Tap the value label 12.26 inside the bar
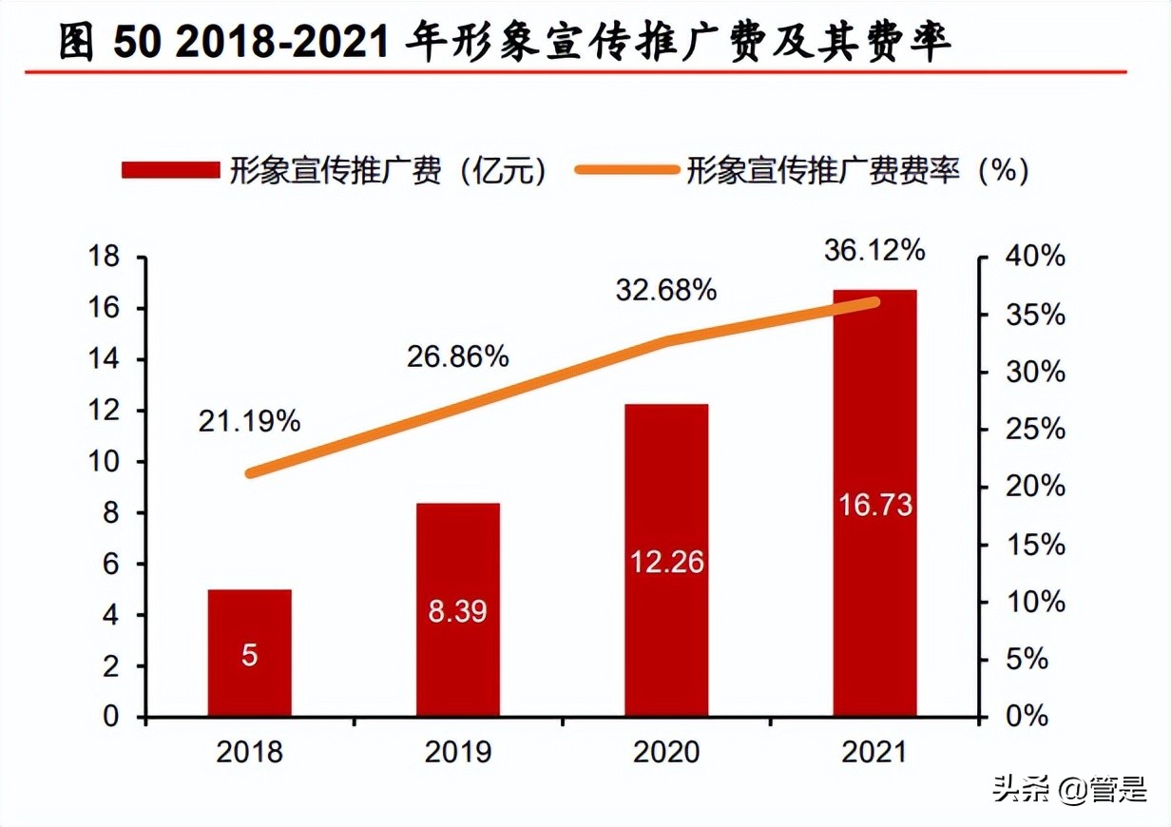pos(666,562)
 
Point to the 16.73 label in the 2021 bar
pos(874,504)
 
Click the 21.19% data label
pos(249,421)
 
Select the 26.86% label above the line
pos(457,356)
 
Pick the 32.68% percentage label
pos(665,291)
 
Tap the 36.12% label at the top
pos(873,250)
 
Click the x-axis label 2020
pos(666,753)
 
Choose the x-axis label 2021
pos(874,753)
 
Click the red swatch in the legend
pos(170,170)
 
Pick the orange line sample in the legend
pos(627,170)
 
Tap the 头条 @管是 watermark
pos(1069,789)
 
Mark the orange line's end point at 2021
pos(874,302)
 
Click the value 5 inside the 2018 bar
pos(249,656)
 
